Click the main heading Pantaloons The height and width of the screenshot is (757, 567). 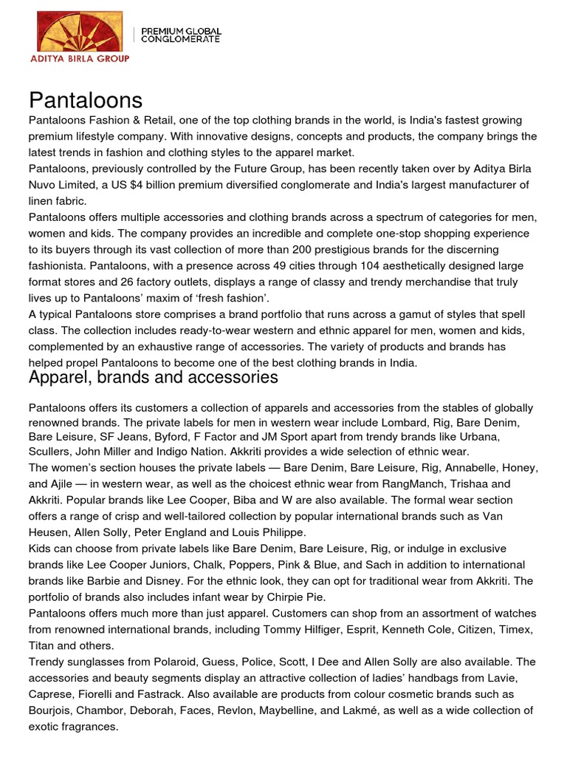coord(85,100)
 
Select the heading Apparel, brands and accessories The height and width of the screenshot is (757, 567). coord(153,377)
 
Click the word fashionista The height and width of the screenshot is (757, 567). coord(60,265)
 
